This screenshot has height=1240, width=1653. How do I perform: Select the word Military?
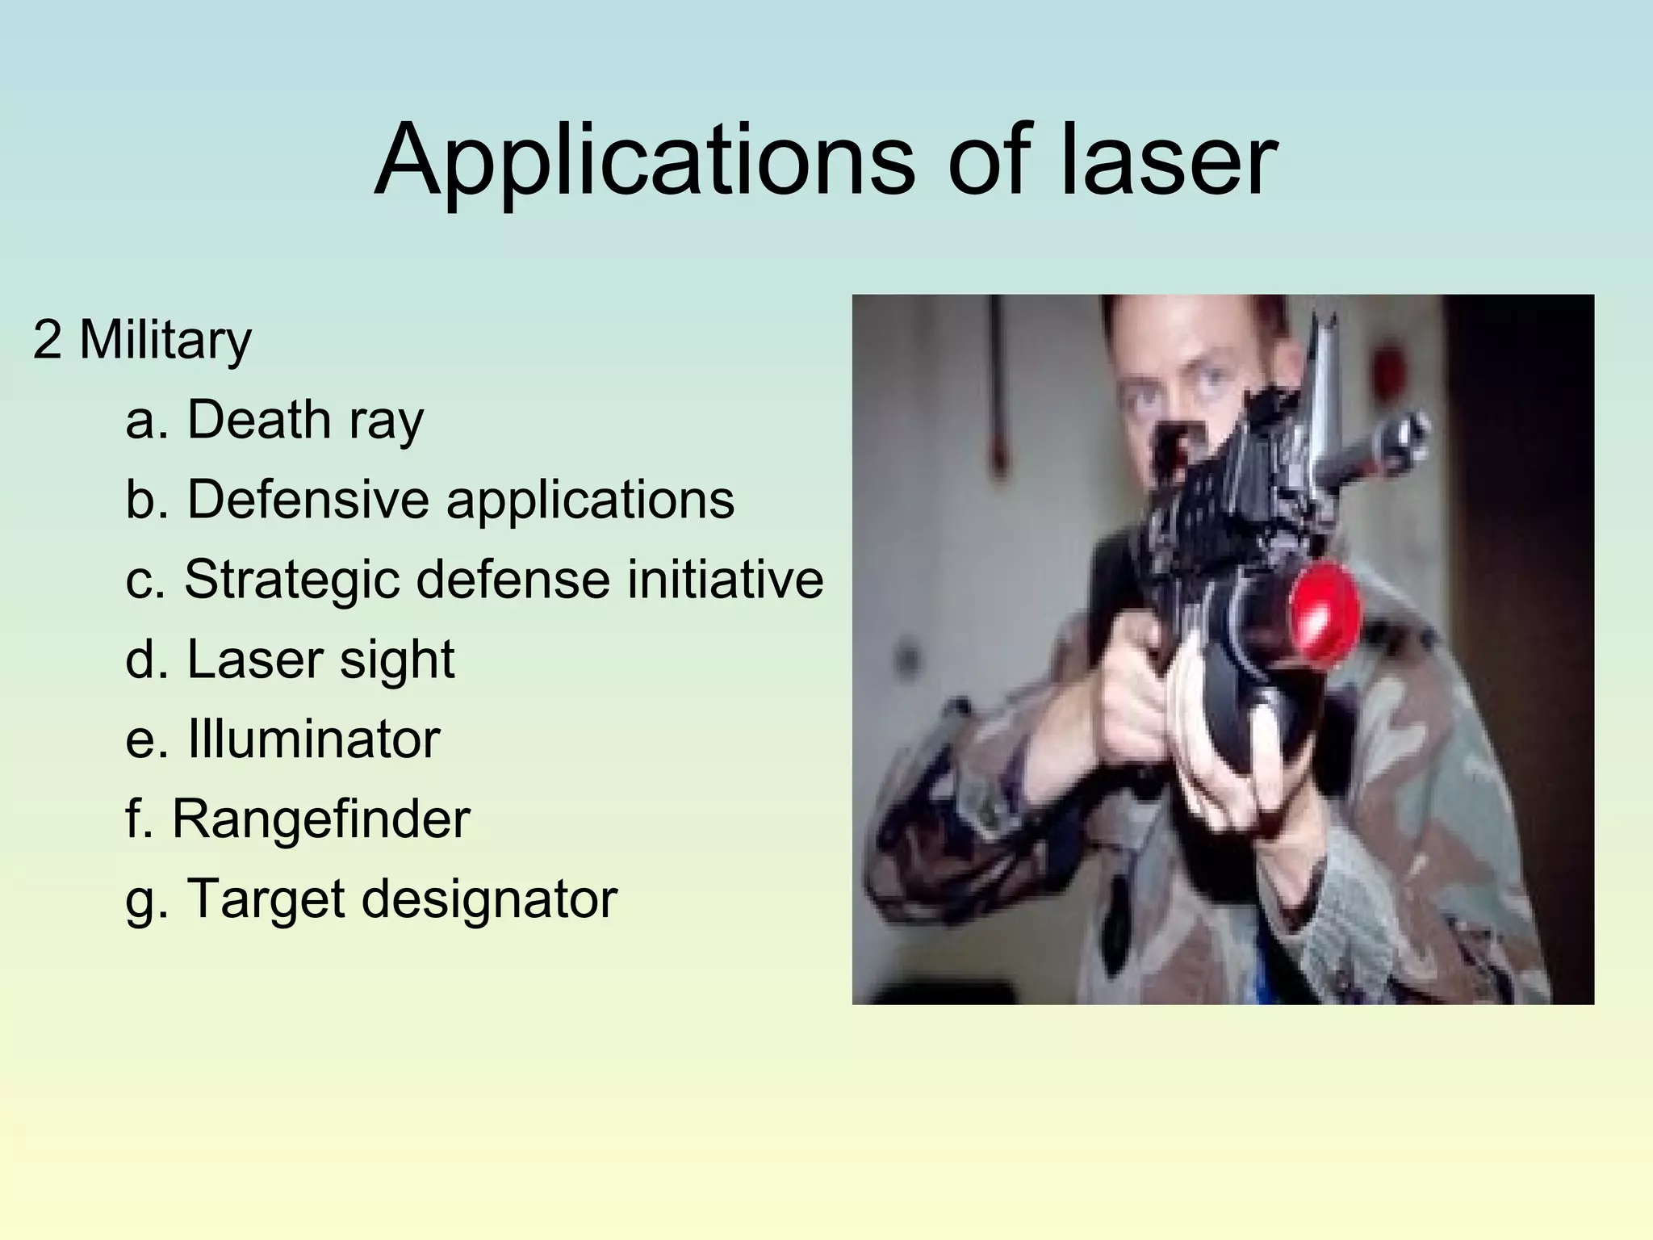(x=165, y=341)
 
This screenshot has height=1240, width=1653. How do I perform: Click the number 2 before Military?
(x=47, y=341)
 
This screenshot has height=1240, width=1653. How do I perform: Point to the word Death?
(x=259, y=420)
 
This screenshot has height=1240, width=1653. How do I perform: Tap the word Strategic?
(x=292, y=580)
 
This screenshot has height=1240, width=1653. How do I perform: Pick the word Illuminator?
(x=313, y=738)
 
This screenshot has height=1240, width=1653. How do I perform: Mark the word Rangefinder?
(x=320, y=819)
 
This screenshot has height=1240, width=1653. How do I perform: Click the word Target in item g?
(x=266, y=899)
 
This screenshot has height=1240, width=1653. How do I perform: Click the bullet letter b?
(x=139, y=499)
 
